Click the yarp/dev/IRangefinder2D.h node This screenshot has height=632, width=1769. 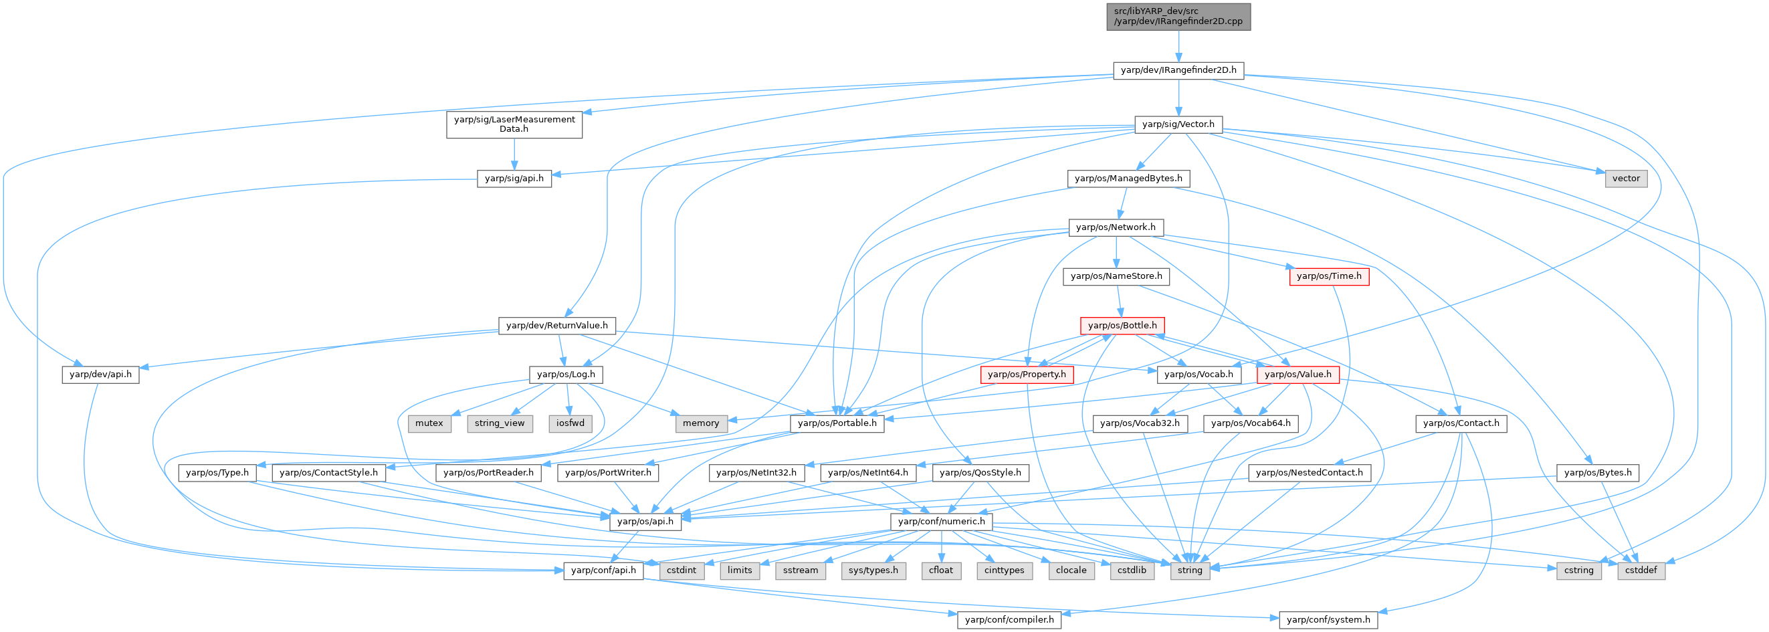[1178, 70]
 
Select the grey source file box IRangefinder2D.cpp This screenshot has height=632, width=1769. [1178, 17]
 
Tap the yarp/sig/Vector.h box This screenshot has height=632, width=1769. [1178, 124]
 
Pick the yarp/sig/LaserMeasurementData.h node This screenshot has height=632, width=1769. [514, 124]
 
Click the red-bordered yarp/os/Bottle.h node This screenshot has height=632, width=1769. [1122, 326]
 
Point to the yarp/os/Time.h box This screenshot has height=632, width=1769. [1329, 276]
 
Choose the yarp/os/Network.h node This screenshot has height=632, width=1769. [1116, 227]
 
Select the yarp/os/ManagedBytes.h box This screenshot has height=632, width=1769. [1128, 179]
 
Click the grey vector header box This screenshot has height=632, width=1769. [1625, 179]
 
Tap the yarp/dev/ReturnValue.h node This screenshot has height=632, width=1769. [557, 326]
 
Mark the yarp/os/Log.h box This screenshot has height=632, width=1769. [566, 375]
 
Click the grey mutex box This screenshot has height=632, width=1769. [429, 423]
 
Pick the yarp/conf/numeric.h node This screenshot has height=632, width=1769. [941, 522]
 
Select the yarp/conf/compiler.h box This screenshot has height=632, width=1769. [1009, 620]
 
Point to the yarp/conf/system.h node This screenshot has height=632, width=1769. [1328, 620]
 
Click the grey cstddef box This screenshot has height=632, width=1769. [1641, 571]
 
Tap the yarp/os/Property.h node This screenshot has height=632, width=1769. [1027, 375]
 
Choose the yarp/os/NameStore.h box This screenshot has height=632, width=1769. [1116, 276]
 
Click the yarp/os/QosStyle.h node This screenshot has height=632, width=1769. [980, 473]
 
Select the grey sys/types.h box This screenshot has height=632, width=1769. [873, 571]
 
